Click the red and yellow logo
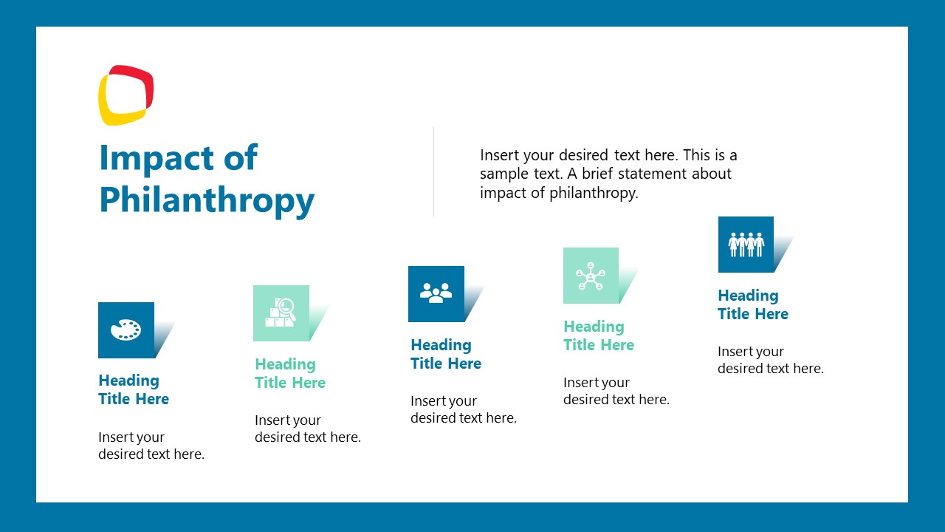126,95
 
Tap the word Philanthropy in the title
207,200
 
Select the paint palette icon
126,330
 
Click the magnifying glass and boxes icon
281,313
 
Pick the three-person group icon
436,294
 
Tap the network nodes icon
591,276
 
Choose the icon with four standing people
746,245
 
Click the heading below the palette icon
134,389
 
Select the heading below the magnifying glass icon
290,373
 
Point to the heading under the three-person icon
446,354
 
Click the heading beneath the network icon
599,335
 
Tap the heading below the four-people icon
753,304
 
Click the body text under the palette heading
151,446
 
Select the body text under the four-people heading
771,360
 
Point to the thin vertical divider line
433,171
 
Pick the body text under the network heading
616,391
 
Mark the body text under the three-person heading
464,409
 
